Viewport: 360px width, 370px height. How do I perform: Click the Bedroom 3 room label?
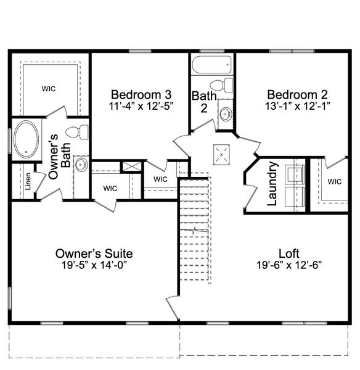[x=141, y=94]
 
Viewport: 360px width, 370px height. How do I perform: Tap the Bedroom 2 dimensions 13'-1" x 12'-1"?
[x=297, y=105]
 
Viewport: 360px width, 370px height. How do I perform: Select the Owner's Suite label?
[x=94, y=253]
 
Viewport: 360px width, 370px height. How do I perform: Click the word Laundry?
[x=273, y=183]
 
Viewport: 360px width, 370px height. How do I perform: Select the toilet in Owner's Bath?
[x=73, y=132]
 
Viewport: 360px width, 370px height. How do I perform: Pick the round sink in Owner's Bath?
[x=81, y=165]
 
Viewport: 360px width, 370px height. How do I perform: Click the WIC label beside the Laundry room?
[x=334, y=181]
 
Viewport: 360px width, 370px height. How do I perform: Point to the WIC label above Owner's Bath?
[x=49, y=89]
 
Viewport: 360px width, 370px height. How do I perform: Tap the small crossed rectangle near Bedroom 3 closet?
[x=131, y=166]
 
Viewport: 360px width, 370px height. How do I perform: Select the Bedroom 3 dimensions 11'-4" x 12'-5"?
[x=141, y=105]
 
